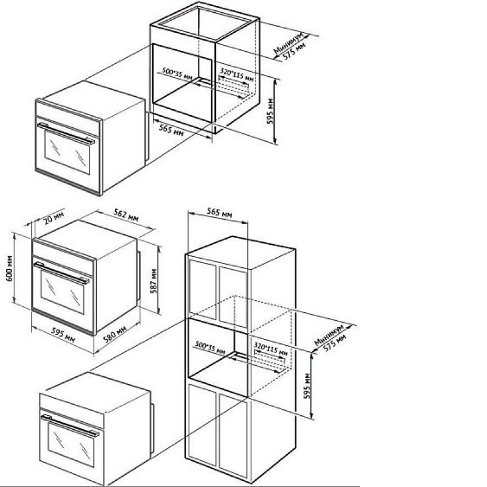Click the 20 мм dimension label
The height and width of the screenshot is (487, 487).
54,218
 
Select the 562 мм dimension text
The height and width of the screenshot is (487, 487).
126,215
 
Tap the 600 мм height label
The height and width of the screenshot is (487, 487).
10,268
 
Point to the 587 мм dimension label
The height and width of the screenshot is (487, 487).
153,281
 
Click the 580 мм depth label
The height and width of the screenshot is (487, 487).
115,334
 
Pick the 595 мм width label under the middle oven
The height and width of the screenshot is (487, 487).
63,335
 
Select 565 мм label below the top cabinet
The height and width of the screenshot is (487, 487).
171,130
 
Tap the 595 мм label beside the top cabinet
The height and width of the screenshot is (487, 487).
270,111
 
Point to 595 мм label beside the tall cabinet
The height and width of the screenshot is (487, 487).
307,386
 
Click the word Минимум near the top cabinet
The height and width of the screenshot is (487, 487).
288,43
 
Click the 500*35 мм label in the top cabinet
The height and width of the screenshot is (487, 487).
177,74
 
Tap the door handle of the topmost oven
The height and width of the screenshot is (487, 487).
66,133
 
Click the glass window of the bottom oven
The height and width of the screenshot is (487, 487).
71,444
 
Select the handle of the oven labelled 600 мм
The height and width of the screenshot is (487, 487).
61,273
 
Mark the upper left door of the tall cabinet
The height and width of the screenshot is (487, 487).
203,290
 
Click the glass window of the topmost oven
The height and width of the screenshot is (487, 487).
67,152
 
